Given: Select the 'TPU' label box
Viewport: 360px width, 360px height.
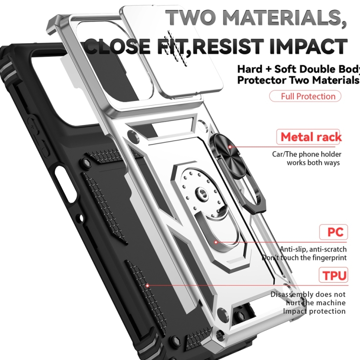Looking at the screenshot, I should coord(332,276).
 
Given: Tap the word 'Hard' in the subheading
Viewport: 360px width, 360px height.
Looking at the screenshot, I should coord(251,68).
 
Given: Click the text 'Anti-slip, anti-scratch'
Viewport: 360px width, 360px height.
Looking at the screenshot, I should coord(313,249).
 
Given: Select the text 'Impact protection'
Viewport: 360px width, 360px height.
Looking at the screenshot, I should coord(314,311).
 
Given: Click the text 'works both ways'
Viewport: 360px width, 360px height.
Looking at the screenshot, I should coord(313,162).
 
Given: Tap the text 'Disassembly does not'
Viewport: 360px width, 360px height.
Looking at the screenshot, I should coord(308,294).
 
